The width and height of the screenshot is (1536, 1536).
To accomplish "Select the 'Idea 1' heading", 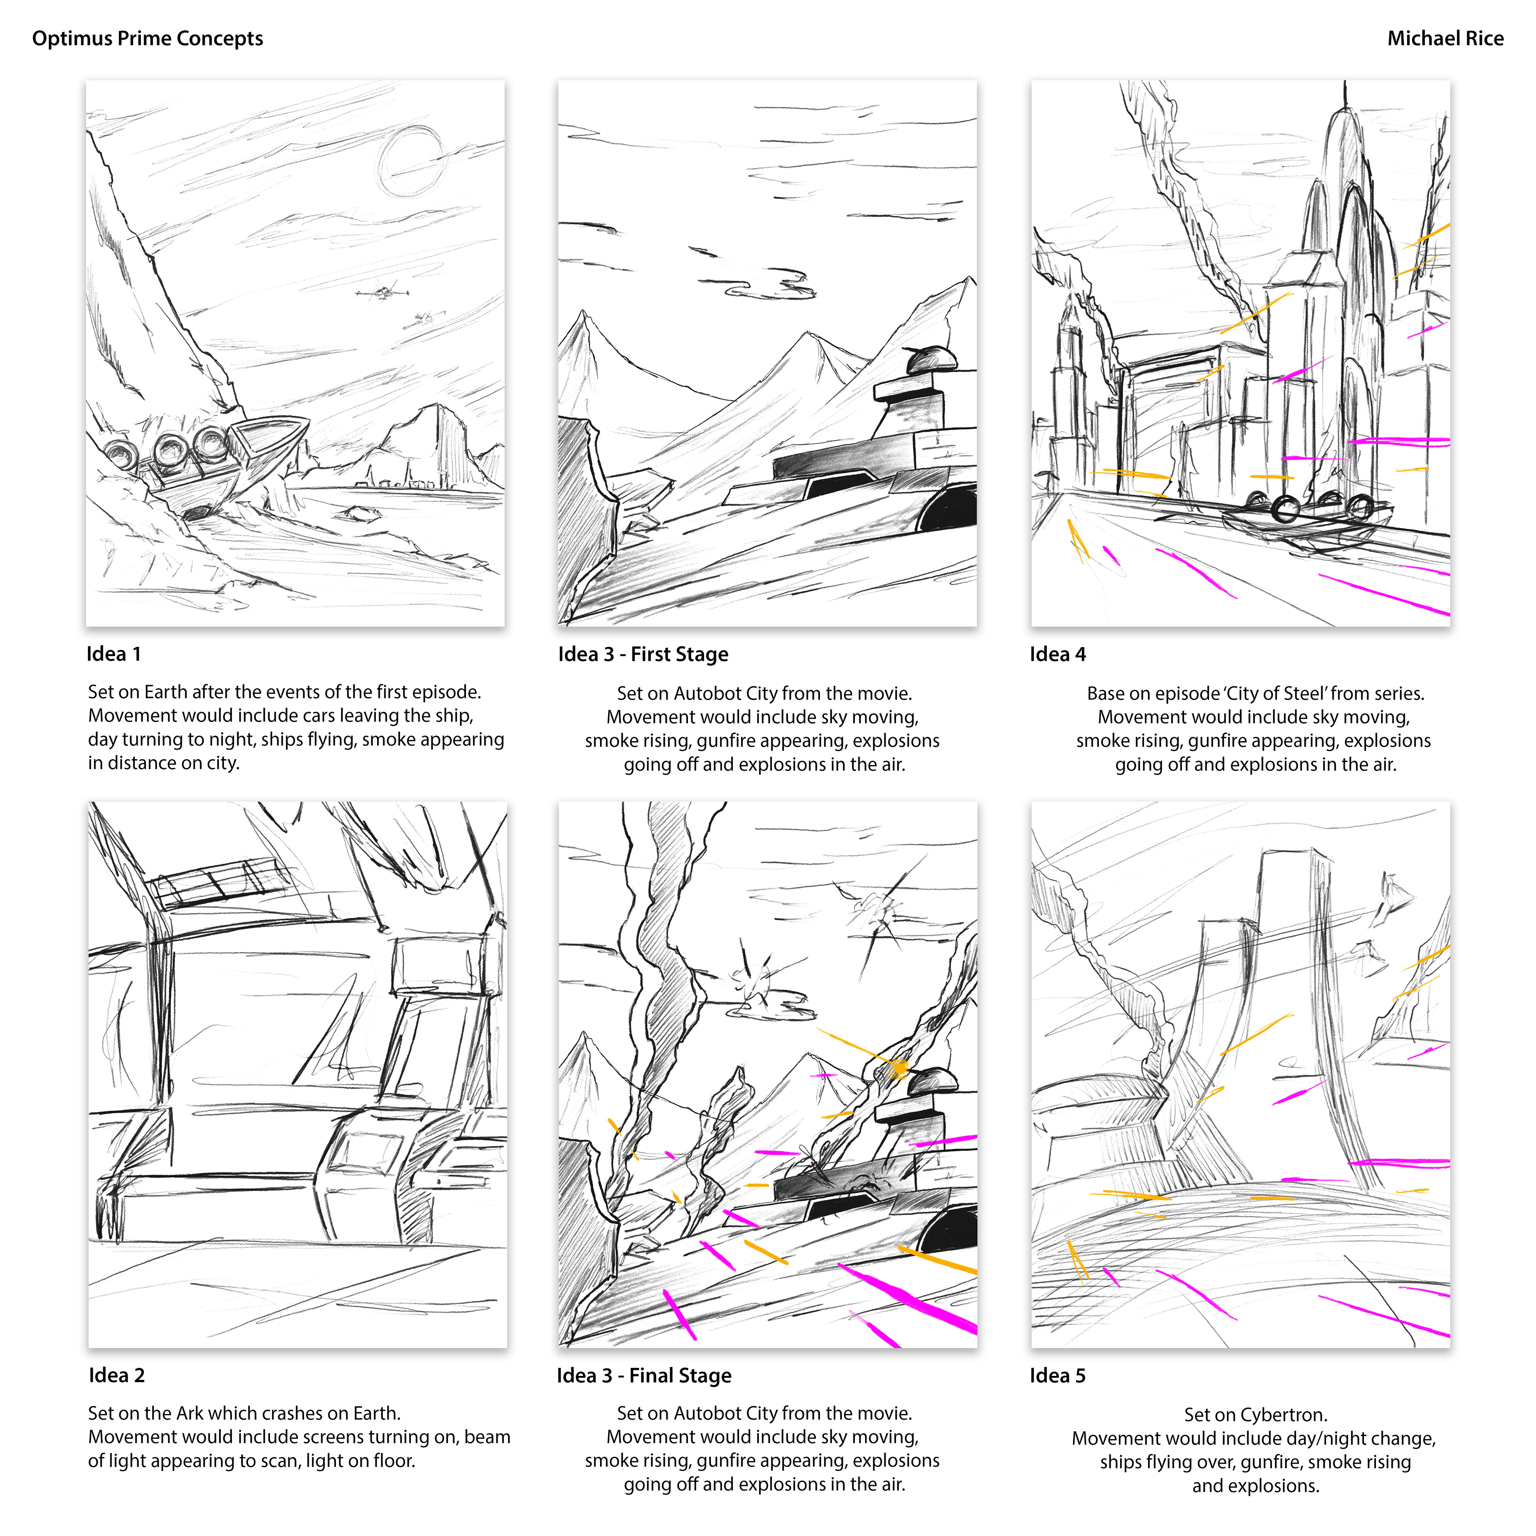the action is (x=114, y=654).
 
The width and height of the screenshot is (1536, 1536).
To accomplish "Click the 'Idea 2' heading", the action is (x=117, y=1376).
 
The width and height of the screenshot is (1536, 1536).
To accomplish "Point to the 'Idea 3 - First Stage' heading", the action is (x=643, y=654).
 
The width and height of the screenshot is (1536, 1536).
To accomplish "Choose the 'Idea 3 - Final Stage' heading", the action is (x=644, y=1376).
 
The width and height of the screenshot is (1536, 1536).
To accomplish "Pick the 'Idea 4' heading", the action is (x=1057, y=654).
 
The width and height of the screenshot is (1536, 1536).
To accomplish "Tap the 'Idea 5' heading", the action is (x=1057, y=1376).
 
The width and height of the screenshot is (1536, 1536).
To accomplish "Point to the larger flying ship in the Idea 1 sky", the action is (x=382, y=292).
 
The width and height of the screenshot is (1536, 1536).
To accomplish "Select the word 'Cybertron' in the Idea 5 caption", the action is (x=1284, y=1415).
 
